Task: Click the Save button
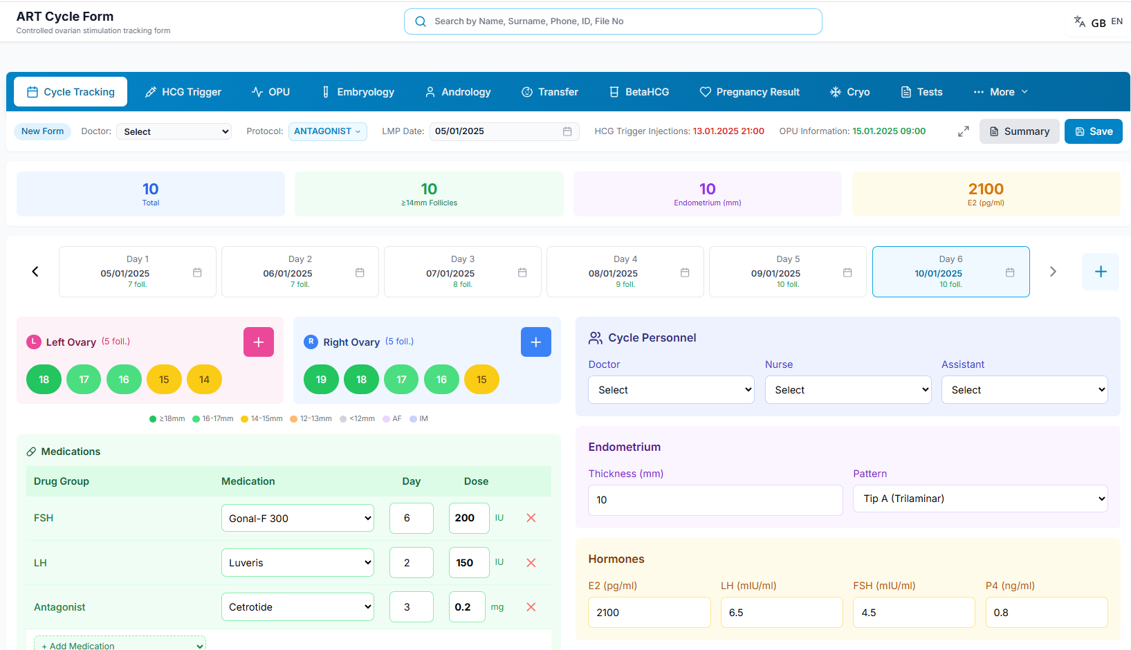(1093, 131)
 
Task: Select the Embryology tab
(358, 92)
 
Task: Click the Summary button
(1019, 131)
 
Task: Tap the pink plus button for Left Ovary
(259, 342)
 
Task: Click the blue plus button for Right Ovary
(535, 342)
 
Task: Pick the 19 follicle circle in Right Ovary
(321, 380)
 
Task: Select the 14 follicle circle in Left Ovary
(204, 380)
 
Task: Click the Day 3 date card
(463, 272)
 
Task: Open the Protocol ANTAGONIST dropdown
(328, 131)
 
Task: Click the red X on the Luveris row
(531, 563)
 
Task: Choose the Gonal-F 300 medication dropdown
(297, 519)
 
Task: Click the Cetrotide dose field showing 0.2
(467, 606)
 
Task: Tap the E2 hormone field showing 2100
(650, 612)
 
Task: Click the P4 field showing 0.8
(1047, 612)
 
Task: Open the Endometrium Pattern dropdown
(980, 499)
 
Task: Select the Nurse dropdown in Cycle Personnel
(848, 389)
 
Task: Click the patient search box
(613, 21)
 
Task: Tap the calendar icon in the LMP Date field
(567, 131)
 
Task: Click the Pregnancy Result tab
(749, 92)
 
